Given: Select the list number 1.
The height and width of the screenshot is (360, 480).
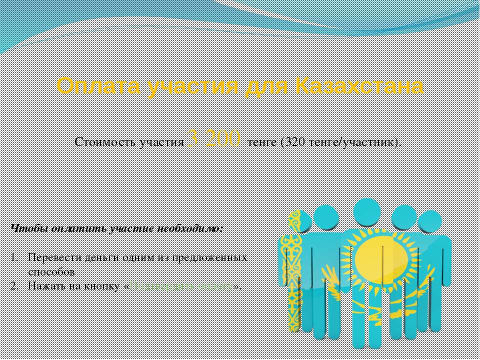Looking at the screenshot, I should [14, 258].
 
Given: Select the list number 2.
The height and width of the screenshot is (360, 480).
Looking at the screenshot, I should [14, 286].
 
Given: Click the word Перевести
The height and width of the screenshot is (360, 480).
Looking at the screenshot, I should [52, 258].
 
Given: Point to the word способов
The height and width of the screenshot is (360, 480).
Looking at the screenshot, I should [51, 272].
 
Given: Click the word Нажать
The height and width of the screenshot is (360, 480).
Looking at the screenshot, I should [45, 286].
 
